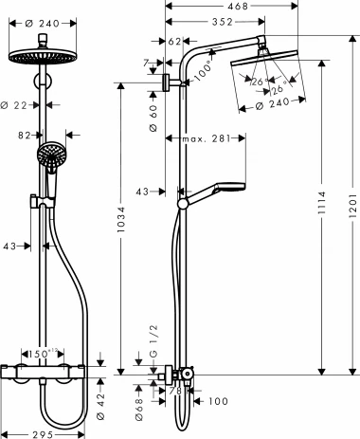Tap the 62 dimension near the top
click(x=173, y=41)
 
